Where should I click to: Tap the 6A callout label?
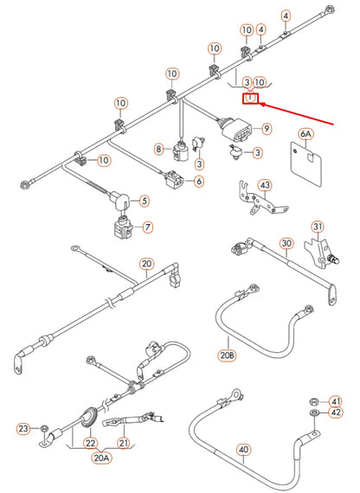coord(305,134)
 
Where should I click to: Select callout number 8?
coord(159,150)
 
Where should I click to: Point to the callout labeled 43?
coord(265,185)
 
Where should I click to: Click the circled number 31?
coord(318,227)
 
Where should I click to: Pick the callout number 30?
coord(286,244)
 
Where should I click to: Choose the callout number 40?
coord(243,449)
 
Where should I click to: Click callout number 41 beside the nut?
coord(336,400)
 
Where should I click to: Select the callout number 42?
coord(336,413)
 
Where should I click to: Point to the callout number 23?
coord(22,428)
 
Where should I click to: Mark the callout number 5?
coord(144,201)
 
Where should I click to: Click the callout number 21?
coord(123,444)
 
